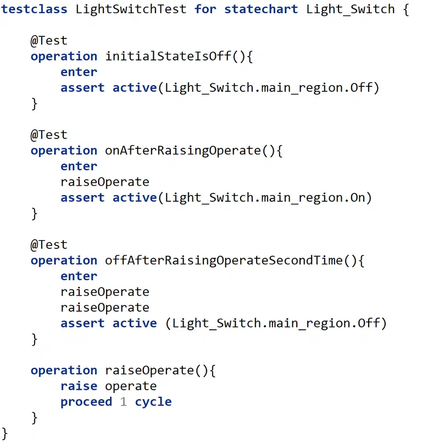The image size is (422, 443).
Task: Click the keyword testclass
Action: coord(34,9)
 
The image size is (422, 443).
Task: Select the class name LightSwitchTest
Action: coord(131,9)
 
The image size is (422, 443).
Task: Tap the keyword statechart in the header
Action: coord(261,9)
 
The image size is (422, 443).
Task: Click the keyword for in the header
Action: coord(206,9)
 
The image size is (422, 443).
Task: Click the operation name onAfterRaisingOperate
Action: coord(183,150)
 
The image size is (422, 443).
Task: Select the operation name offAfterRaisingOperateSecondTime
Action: coord(224,260)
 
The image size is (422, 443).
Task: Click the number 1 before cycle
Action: coord(124,401)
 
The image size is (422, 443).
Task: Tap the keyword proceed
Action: coord(86,402)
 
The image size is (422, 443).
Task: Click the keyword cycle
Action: coord(153,402)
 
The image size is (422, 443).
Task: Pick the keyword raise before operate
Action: coord(79,386)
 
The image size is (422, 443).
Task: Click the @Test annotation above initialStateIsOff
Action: coord(49,41)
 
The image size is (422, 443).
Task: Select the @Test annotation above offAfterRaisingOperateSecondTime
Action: coord(49,245)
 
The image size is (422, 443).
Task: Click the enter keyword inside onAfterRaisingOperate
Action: coord(79,166)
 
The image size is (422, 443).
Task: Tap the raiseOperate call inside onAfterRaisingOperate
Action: coord(105,182)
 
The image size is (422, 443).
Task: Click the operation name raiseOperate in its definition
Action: coord(149,370)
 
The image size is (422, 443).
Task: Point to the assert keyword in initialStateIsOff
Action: coord(82,87)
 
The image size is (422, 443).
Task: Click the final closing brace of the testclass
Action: coord(4,433)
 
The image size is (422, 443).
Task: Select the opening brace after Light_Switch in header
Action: coord(406,9)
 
